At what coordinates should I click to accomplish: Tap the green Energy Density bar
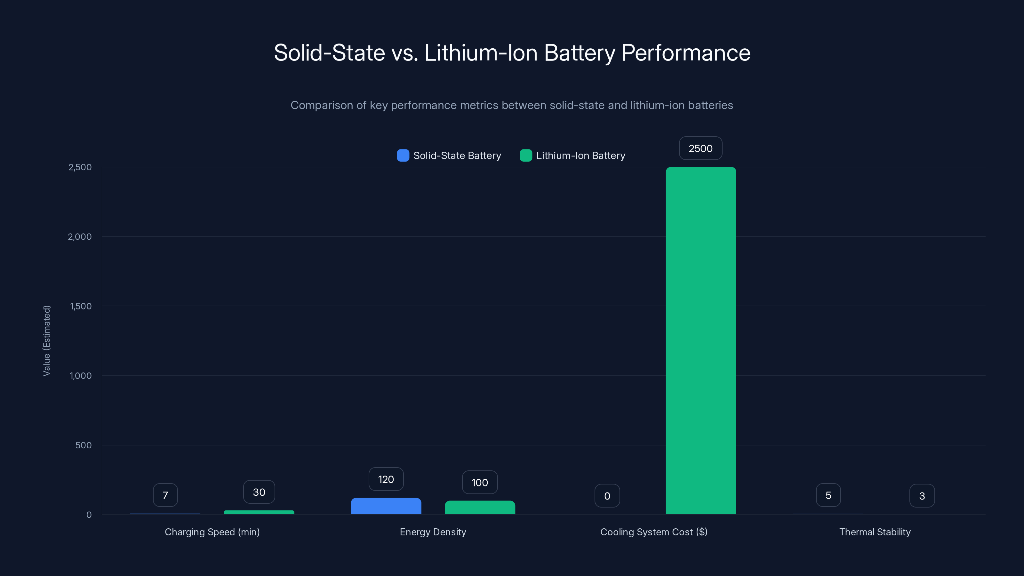pyautogui.click(x=480, y=508)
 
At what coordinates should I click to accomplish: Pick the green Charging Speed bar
pyautogui.click(x=259, y=512)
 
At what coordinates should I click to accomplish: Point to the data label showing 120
pyautogui.click(x=386, y=479)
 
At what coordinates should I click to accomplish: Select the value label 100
pyautogui.click(x=479, y=483)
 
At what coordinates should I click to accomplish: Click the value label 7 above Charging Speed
pyautogui.click(x=165, y=495)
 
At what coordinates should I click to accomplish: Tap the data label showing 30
pyautogui.click(x=259, y=492)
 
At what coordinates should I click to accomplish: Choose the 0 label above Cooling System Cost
pyautogui.click(x=607, y=496)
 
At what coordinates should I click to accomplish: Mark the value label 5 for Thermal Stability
pyautogui.click(x=828, y=495)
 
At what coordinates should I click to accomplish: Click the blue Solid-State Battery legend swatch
pyautogui.click(x=403, y=156)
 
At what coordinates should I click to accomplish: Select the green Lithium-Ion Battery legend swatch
pyautogui.click(x=525, y=156)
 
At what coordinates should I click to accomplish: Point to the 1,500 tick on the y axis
pyautogui.click(x=81, y=306)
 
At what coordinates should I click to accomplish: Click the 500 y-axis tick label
pyautogui.click(x=84, y=445)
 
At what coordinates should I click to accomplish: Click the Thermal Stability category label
pyautogui.click(x=875, y=532)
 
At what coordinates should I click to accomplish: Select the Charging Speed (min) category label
pyautogui.click(x=212, y=532)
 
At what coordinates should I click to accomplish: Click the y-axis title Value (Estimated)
pyautogui.click(x=46, y=341)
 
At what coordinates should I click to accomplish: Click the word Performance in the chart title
pyautogui.click(x=686, y=53)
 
